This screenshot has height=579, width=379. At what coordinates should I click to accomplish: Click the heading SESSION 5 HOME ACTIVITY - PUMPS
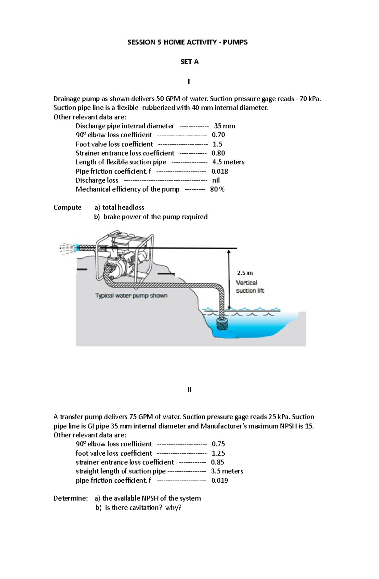pyautogui.click(x=187, y=42)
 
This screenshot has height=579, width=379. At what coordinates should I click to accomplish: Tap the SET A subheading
pyautogui.click(x=189, y=62)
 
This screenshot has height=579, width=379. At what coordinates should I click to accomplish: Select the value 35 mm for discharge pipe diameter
pyautogui.click(x=225, y=126)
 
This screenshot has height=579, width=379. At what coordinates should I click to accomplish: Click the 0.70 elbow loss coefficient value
pyautogui.click(x=218, y=135)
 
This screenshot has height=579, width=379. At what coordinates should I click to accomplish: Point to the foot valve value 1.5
pyautogui.click(x=217, y=144)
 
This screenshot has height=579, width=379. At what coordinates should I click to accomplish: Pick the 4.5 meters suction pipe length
pyautogui.click(x=228, y=162)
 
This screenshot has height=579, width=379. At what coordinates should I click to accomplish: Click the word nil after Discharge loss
pyautogui.click(x=216, y=180)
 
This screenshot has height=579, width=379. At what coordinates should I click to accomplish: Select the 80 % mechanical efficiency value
pyautogui.click(x=217, y=189)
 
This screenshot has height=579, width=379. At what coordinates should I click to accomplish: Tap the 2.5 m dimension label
pyautogui.click(x=245, y=273)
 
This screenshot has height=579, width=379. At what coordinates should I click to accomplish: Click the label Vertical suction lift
pyautogui.click(x=250, y=287)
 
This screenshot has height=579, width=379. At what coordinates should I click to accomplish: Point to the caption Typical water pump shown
pyautogui.click(x=131, y=296)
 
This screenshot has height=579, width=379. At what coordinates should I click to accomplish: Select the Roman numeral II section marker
pyautogui.click(x=189, y=390)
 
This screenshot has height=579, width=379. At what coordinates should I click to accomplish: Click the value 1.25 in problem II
pyautogui.click(x=218, y=453)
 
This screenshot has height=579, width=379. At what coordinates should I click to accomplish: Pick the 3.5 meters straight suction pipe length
pyautogui.click(x=227, y=471)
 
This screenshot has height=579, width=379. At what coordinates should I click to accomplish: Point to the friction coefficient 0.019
pyautogui.click(x=220, y=481)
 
